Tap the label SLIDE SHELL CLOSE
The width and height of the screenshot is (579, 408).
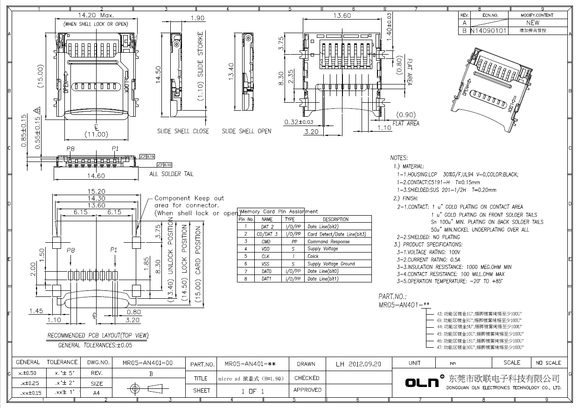[183, 132]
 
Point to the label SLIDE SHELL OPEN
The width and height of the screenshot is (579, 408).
[246, 132]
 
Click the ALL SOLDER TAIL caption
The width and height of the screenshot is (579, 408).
[171, 174]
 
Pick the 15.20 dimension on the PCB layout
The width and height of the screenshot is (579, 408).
[96, 191]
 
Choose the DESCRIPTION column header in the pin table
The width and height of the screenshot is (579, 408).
[335, 219]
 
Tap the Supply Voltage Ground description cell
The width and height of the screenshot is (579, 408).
[331, 264]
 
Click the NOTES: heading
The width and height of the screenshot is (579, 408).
[399, 158]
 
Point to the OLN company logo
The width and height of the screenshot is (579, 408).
[424, 382]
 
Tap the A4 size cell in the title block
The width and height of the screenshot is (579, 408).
[96, 393]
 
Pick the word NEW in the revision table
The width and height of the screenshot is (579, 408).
[532, 22]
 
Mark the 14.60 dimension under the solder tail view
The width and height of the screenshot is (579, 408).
[96, 176]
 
